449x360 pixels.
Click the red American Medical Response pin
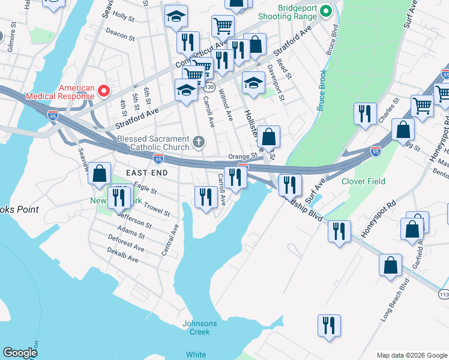103,91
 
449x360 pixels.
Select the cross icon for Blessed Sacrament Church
199,143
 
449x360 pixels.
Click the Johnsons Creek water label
199,328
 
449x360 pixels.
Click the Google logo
20,353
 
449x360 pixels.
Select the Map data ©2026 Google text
411,355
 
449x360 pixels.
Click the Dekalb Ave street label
123,259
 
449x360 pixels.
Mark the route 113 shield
444,295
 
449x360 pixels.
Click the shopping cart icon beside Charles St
422,106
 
